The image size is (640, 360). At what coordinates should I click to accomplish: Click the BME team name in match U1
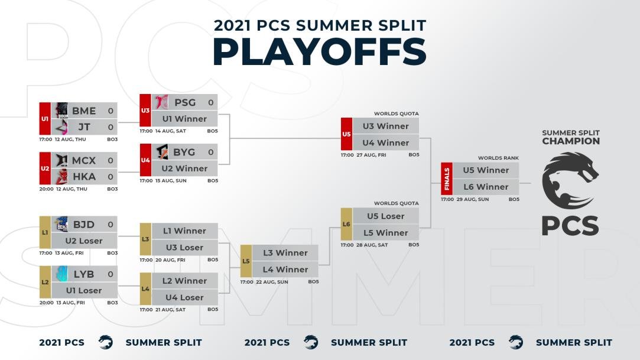click(x=83, y=111)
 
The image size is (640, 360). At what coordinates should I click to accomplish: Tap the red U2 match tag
click(x=45, y=168)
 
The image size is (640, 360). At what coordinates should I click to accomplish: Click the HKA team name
click(x=83, y=177)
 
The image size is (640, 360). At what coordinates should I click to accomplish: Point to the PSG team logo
click(x=161, y=102)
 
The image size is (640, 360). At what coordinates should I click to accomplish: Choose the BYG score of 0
click(x=210, y=152)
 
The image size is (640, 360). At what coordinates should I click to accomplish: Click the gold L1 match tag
click(x=45, y=232)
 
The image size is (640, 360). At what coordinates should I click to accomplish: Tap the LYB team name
click(x=83, y=274)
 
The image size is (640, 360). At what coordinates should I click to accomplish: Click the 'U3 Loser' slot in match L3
click(x=184, y=247)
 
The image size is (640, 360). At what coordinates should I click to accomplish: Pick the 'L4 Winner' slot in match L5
click(x=285, y=269)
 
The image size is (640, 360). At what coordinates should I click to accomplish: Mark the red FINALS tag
click(x=446, y=179)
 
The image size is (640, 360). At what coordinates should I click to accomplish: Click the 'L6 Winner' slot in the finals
click(x=485, y=187)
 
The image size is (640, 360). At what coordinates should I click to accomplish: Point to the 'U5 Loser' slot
click(x=385, y=216)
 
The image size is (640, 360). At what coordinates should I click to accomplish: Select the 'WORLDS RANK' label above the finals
click(x=498, y=158)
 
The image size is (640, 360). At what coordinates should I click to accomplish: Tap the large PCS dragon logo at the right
click(x=570, y=180)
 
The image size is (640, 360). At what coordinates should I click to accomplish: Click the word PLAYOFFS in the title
click(x=319, y=52)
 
